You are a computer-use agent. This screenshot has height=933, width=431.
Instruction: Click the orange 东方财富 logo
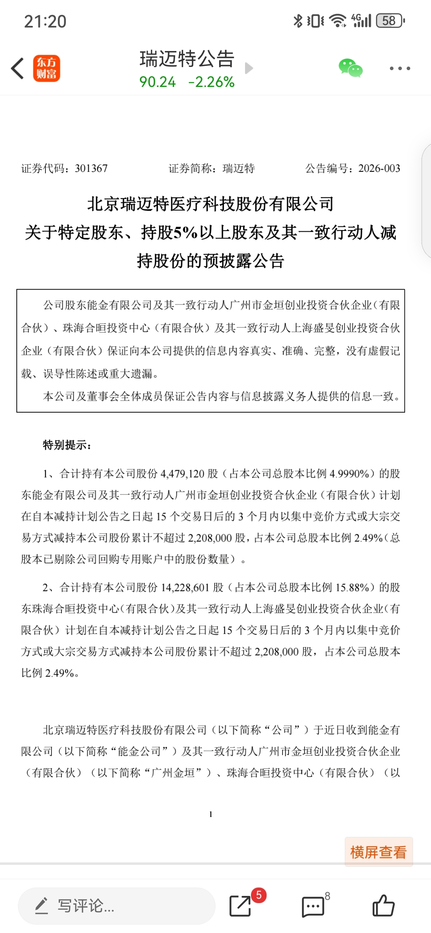47,68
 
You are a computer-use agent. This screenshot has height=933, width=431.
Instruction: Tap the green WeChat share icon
350,68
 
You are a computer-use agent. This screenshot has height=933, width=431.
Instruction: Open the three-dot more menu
399,69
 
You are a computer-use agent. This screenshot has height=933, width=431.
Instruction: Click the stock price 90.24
157,82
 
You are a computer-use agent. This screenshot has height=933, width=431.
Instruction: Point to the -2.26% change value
211,82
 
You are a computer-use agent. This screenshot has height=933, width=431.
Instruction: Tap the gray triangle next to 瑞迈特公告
249,68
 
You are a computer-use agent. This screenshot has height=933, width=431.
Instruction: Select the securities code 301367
91,169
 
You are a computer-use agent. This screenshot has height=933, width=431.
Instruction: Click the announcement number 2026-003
379,169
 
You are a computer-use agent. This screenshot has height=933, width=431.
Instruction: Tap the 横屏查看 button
378,852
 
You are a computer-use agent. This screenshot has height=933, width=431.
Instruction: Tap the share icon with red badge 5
240,906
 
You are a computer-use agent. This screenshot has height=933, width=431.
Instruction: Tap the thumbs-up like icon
383,905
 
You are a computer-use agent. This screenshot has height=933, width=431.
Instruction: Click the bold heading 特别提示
67,445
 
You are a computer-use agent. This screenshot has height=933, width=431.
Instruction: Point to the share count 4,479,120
182,474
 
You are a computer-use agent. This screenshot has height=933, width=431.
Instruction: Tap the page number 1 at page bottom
211,815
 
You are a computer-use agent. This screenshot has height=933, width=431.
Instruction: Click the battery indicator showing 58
390,21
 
